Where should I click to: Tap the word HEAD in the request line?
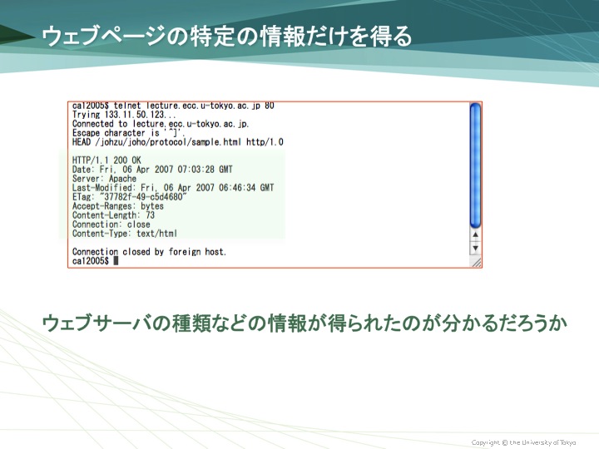[x=82, y=142]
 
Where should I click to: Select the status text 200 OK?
[x=127, y=160]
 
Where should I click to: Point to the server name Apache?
[x=122, y=179]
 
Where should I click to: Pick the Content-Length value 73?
[x=150, y=215]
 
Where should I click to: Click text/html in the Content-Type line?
[x=157, y=234]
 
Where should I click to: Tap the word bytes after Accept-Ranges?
[x=152, y=206]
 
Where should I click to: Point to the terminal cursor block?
[x=116, y=261]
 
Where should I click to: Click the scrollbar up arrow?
[x=475, y=234]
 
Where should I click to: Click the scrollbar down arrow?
[x=475, y=248]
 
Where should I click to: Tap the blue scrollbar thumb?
[x=475, y=165]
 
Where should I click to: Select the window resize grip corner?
[x=476, y=262]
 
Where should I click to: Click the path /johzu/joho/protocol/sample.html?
[x=168, y=142]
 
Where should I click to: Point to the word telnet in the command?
[x=127, y=106]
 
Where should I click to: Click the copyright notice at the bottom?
[x=523, y=442]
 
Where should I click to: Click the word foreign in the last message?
[x=185, y=252]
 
